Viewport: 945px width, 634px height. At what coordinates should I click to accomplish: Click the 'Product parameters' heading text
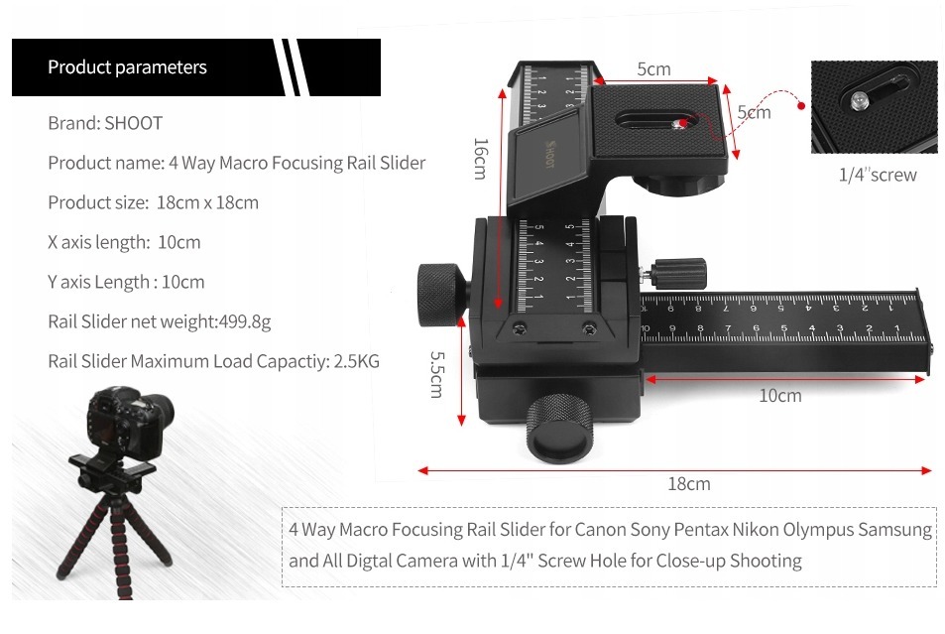tap(127, 66)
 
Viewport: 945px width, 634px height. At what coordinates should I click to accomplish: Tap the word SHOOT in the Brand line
tap(133, 123)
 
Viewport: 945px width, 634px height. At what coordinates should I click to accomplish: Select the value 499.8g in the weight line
tap(245, 321)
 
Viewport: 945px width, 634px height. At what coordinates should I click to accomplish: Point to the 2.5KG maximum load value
tap(357, 361)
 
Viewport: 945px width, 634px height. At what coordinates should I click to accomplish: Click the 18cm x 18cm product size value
tap(207, 202)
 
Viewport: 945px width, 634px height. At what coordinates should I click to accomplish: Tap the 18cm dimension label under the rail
tap(689, 484)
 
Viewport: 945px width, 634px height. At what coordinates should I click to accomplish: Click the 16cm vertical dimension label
tap(480, 159)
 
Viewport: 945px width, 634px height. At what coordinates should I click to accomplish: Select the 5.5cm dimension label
tap(436, 375)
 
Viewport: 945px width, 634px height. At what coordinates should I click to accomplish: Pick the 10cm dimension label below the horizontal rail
tap(779, 396)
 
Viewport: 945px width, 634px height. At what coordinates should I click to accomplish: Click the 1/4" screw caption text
tap(878, 175)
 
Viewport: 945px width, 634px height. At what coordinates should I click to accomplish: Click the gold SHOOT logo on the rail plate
tap(549, 155)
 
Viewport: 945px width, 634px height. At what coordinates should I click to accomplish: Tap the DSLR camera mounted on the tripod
tap(128, 423)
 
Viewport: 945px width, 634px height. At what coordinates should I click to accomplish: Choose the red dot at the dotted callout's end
tap(801, 106)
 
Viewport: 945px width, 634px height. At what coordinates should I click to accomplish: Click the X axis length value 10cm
tap(179, 242)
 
